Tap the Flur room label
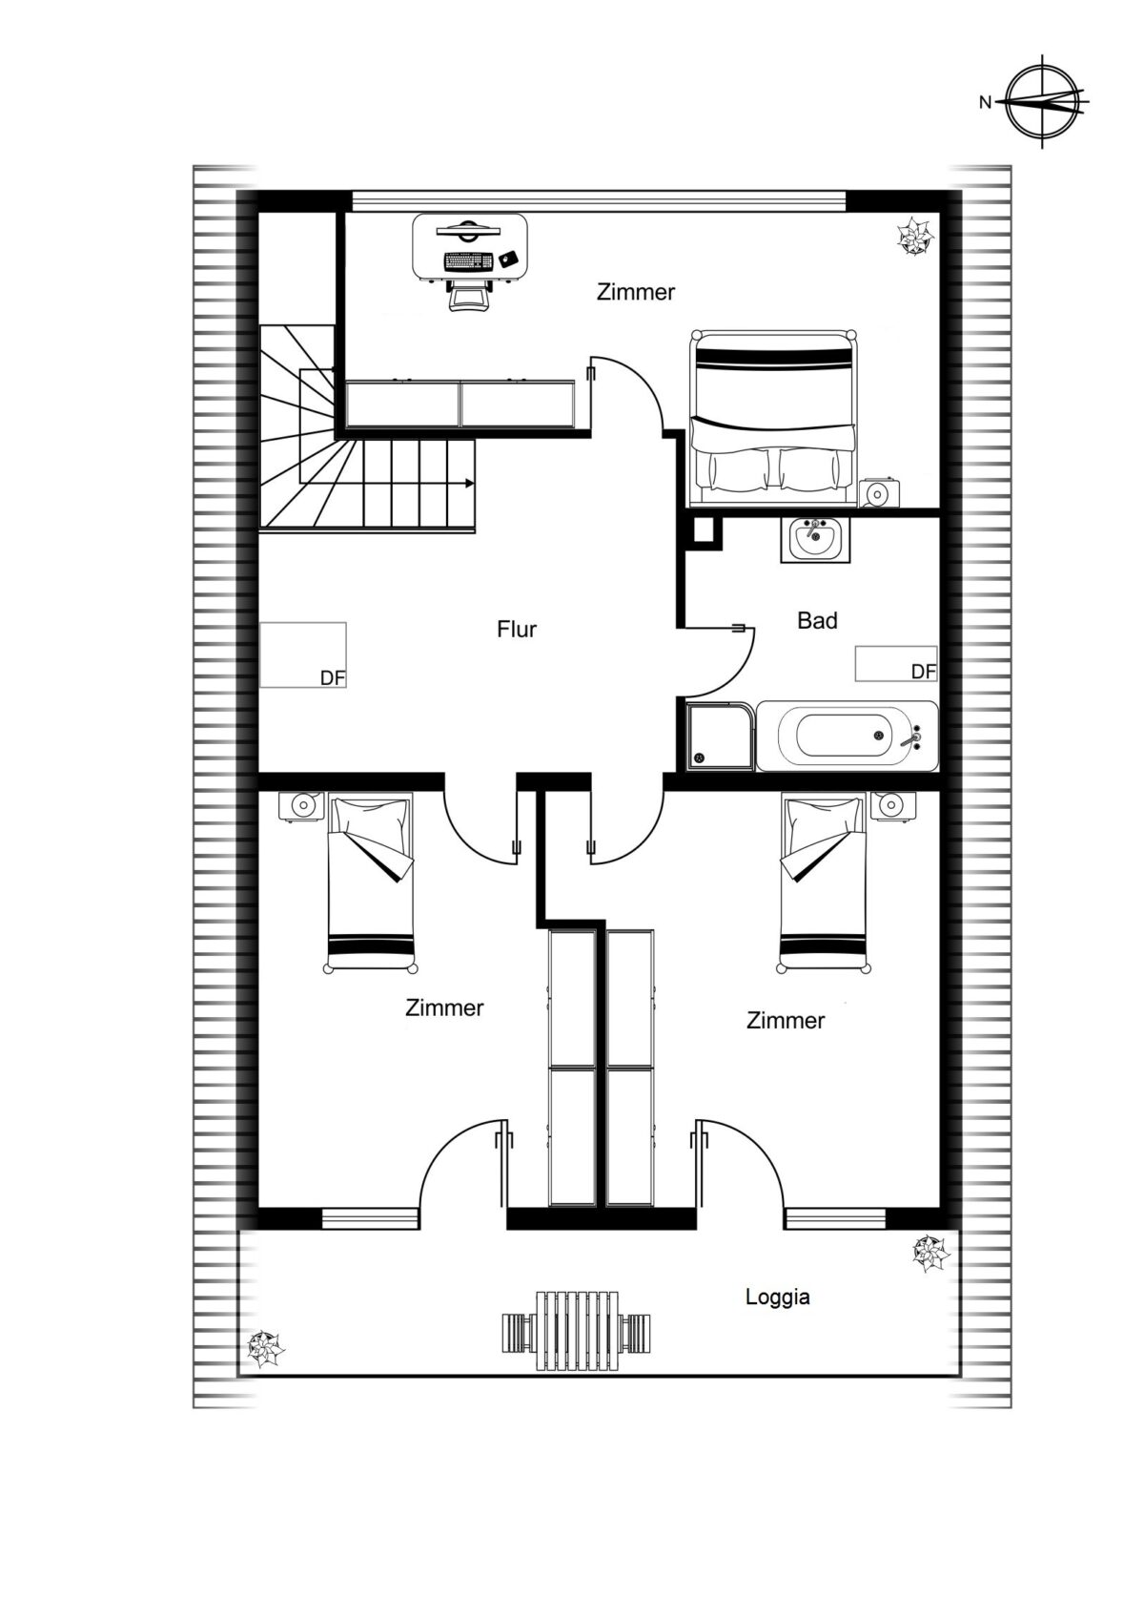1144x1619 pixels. pyautogui.click(x=517, y=629)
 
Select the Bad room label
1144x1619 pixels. pyautogui.click(x=817, y=620)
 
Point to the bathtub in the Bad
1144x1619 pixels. pyautogui.click(x=848, y=737)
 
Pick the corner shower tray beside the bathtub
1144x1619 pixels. pyautogui.click(x=719, y=737)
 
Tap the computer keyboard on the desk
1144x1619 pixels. pyautogui.click(x=469, y=260)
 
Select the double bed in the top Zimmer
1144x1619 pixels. pyautogui.click(x=773, y=419)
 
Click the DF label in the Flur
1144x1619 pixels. pyautogui.click(x=332, y=678)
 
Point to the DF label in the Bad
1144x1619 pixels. pyautogui.click(x=924, y=672)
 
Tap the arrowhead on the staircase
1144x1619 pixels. pyautogui.click(x=469, y=483)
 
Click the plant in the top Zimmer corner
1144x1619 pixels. pyautogui.click(x=914, y=235)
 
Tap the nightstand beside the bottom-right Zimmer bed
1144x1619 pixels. pyautogui.click(x=892, y=805)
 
